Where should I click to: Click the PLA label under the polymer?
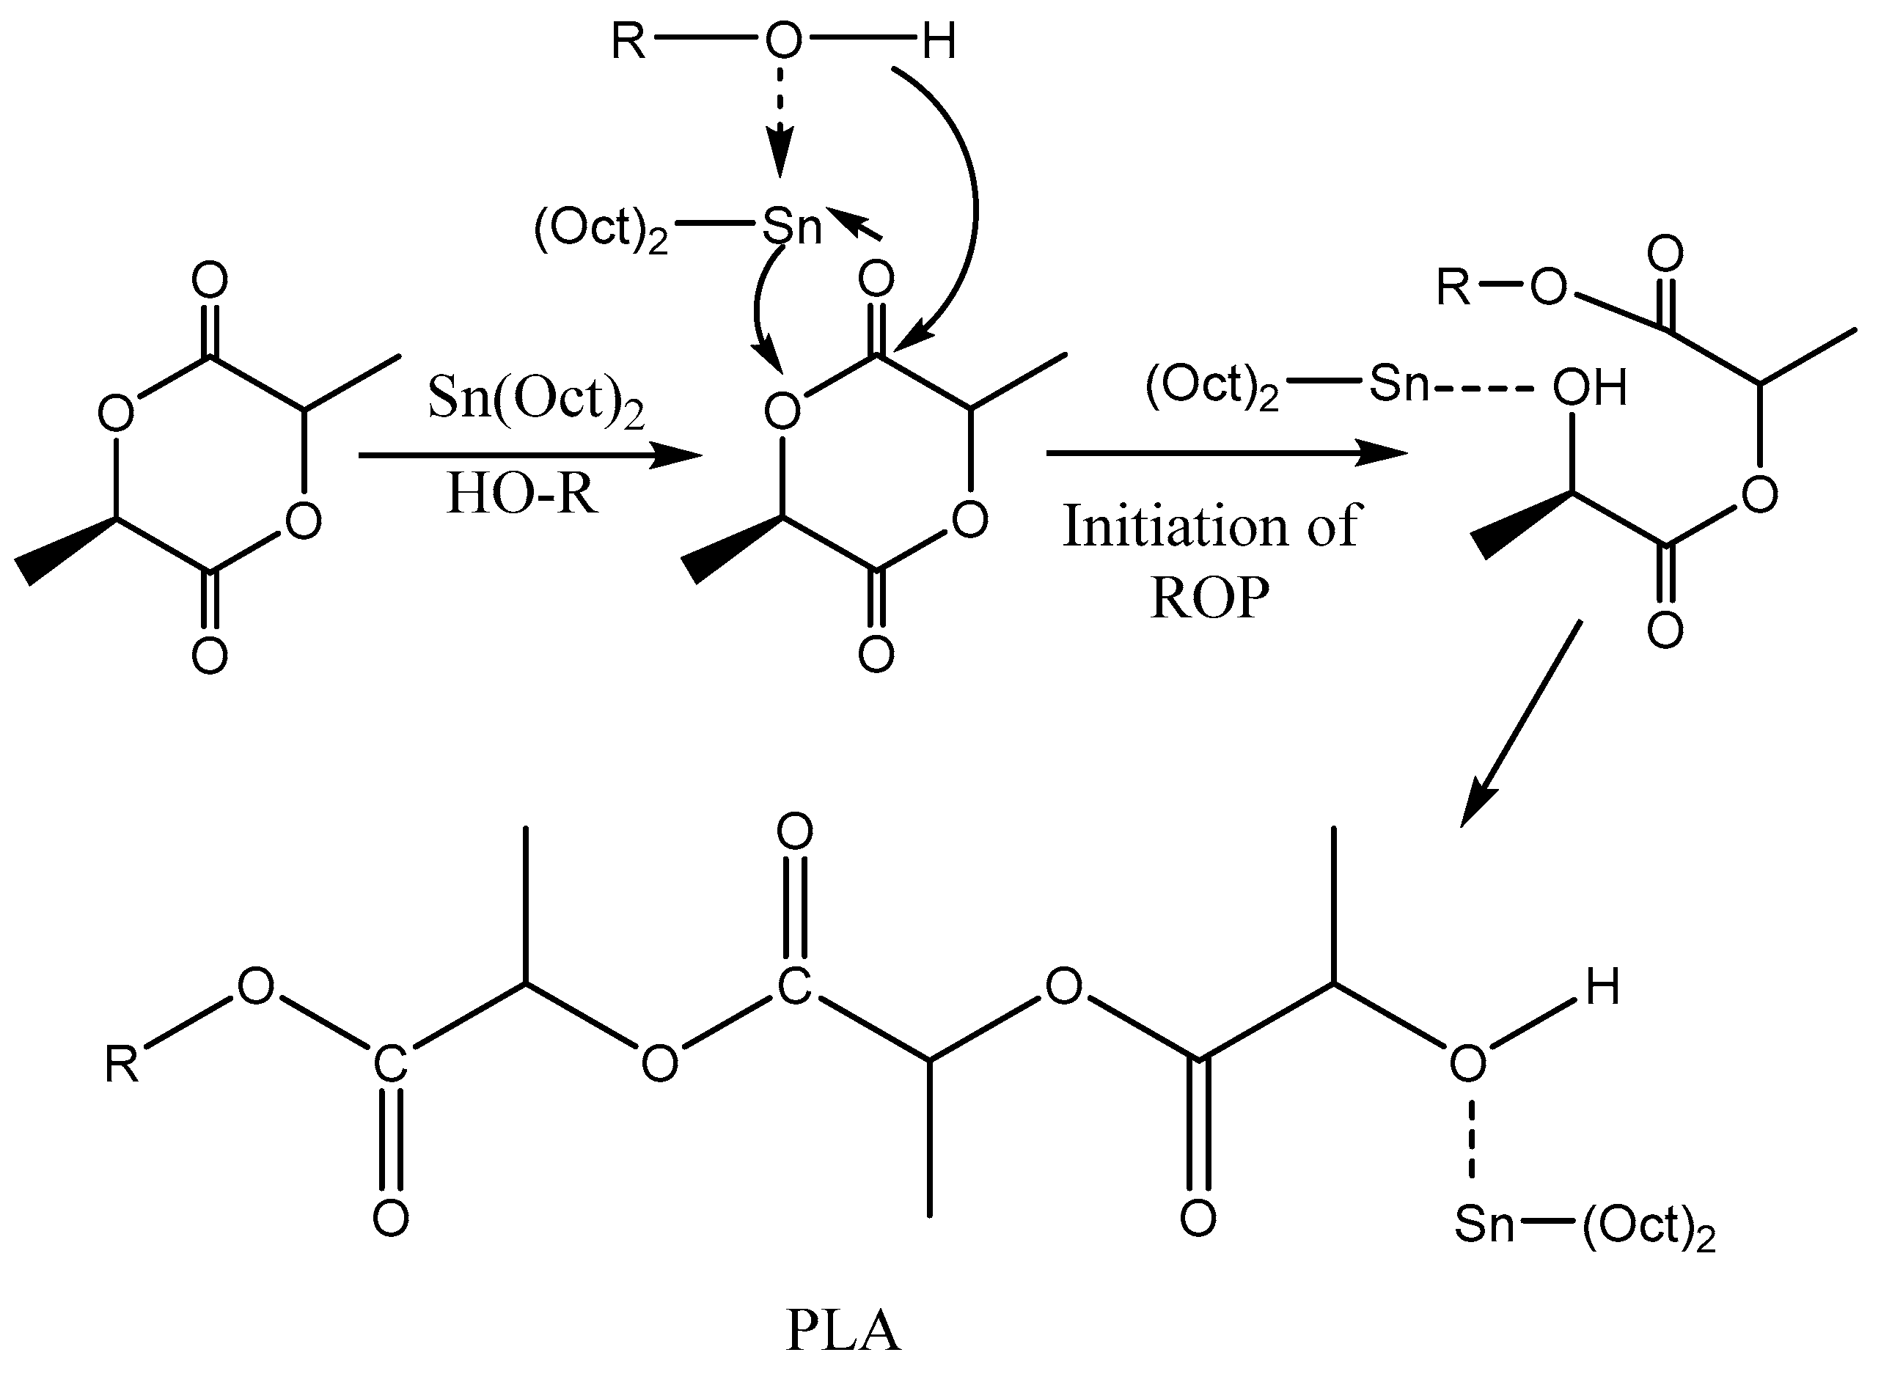pyautogui.click(x=843, y=1331)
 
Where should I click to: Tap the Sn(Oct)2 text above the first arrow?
pyautogui.click(x=535, y=398)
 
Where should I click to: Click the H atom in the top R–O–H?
pyautogui.click(x=939, y=41)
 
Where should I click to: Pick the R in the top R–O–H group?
pyautogui.click(x=628, y=41)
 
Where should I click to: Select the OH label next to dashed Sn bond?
pyautogui.click(x=1589, y=388)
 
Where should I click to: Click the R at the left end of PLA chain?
pyautogui.click(x=122, y=1065)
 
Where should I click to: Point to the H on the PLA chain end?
pyautogui.click(x=1602, y=988)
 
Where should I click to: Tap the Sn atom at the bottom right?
pyautogui.click(x=1484, y=1224)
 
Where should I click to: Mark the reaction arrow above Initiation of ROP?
pyautogui.click(x=1225, y=452)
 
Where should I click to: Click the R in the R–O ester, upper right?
pyautogui.click(x=1453, y=288)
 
